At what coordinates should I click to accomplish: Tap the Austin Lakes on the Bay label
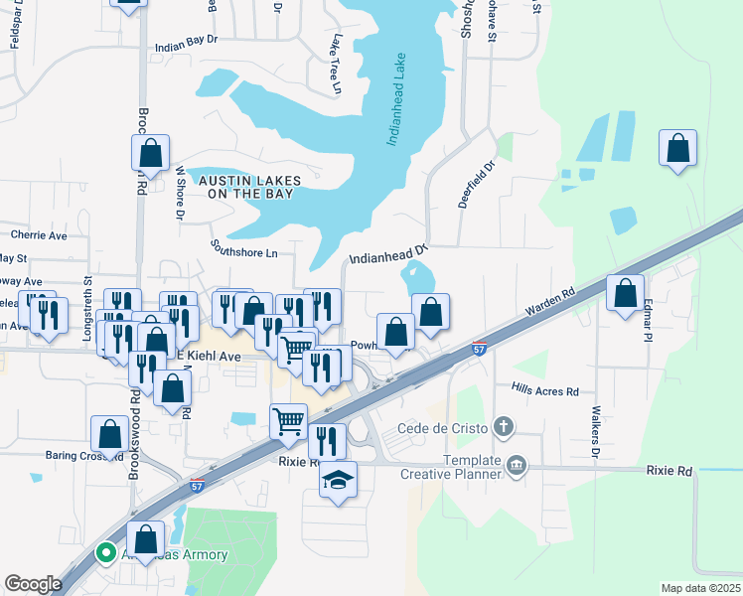tap(245, 187)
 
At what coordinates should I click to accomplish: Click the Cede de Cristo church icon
tap(504, 427)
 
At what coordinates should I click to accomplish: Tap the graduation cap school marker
tap(339, 480)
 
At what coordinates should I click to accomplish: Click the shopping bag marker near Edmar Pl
tap(625, 293)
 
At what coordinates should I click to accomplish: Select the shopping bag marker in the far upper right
tap(677, 149)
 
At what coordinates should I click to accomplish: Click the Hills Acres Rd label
tap(544, 391)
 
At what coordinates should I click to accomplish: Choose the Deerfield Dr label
tap(476, 185)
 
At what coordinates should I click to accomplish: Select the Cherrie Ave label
tap(38, 235)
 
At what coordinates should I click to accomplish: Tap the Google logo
tap(33, 584)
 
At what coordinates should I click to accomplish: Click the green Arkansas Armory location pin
tap(104, 553)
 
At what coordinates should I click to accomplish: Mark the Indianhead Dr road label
tap(387, 255)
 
